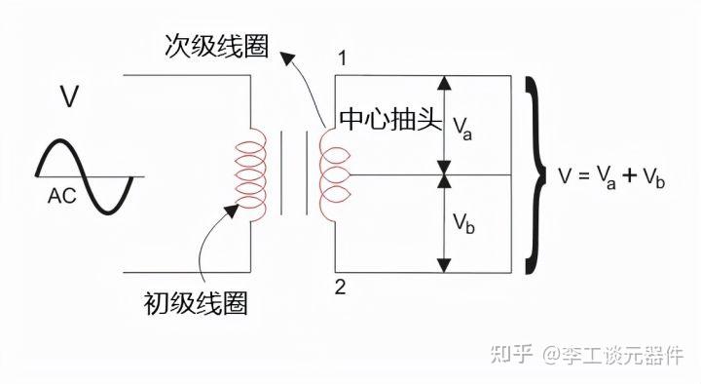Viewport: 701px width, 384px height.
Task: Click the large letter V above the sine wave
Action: (x=69, y=97)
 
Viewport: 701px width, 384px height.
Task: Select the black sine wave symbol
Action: (x=85, y=175)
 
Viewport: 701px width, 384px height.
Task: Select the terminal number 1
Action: (x=342, y=58)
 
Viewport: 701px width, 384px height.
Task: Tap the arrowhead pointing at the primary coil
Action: (x=232, y=208)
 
